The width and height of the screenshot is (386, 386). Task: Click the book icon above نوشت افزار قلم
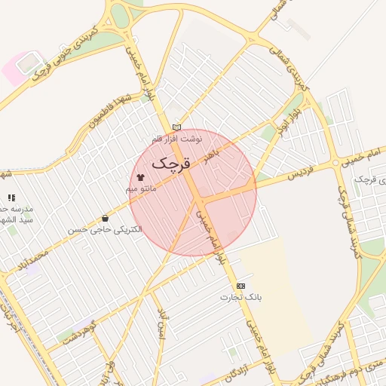(176, 127)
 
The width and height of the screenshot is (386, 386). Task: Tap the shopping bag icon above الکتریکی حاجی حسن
(104, 219)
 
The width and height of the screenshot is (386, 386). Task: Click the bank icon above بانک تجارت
(240, 286)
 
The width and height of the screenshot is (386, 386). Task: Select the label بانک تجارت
(240, 297)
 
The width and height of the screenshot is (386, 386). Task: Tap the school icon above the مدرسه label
(11, 198)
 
